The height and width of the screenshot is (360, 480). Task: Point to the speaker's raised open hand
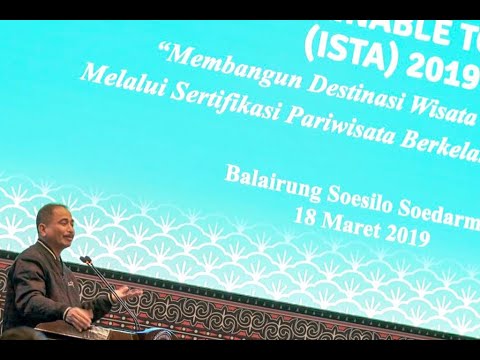point(121,292)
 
